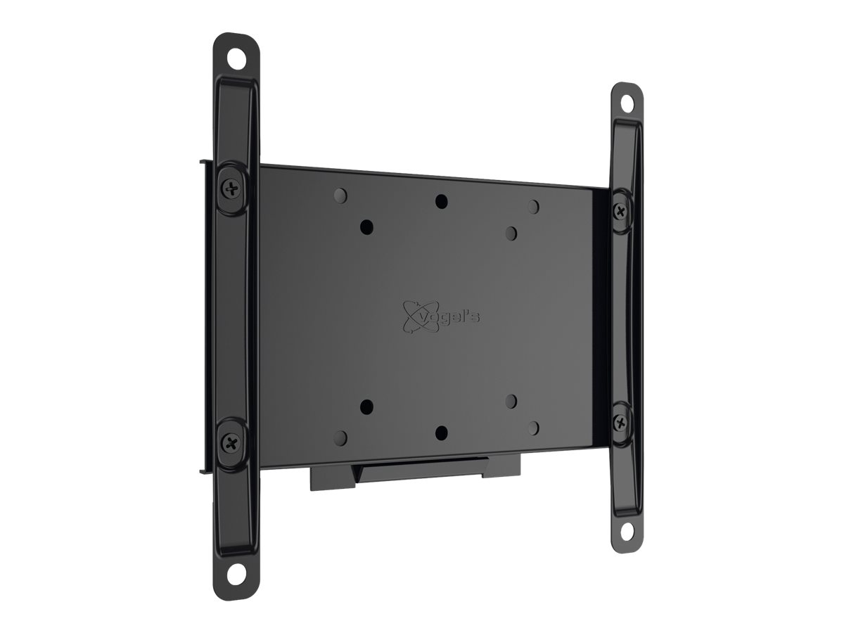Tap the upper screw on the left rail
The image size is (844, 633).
pyautogui.click(x=231, y=187)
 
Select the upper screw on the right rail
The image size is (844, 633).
pyautogui.click(x=620, y=210)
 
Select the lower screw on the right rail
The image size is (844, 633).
pyautogui.click(x=620, y=422)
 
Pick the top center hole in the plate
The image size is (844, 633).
pyautogui.click(x=440, y=201)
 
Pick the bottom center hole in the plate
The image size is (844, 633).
pyautogui.click(x=440, y=431)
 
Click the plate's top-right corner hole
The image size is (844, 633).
pyautogui.click(x=533, y=206)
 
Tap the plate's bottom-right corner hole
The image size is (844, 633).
pyautogui.click(x=533, y=426)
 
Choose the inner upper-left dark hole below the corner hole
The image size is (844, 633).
pyautogui.click(x=366, y=226)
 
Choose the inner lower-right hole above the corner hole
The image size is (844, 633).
pyautogui.click(x=511, y=400)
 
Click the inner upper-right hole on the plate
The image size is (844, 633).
pyautogui.click(x=511, y=232)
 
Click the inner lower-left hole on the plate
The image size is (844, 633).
pyautogui.click(x=366, y=406)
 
